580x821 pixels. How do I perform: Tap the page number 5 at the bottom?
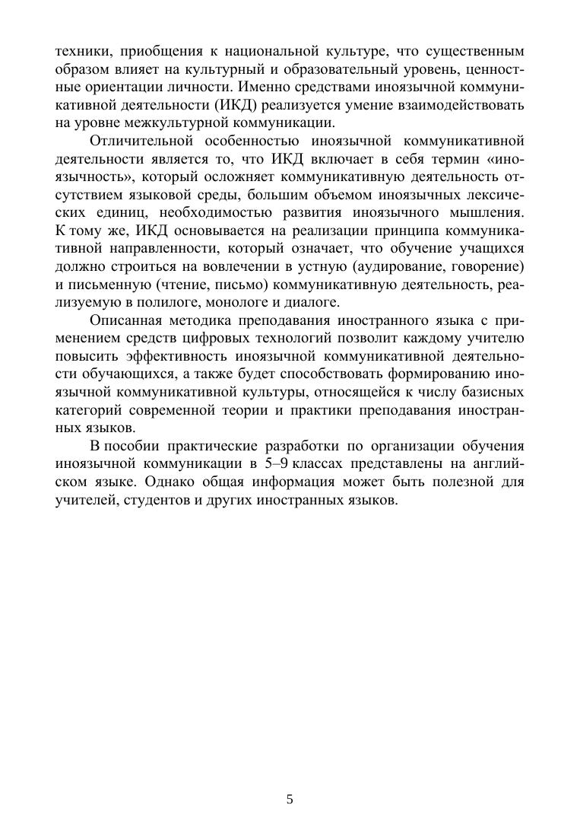point(290,778)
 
